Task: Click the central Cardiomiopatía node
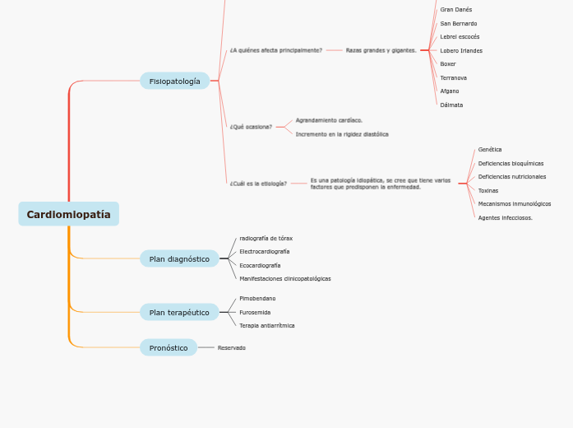coord(68,214)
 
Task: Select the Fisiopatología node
coord(174,81)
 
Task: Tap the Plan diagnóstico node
coord(179,258)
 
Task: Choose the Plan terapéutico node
coord(179,312)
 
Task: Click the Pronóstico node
coord(169,347)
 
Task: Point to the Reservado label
coord(231,348)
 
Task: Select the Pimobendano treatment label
coord(257,299)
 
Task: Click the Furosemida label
coord(255,313)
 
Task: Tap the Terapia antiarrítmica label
coord(266,326)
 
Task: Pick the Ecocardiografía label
coord(260,266)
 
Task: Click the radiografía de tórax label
coord(266,239)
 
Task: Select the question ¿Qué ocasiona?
coord(251,127)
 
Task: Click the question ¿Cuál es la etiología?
coord(258,184)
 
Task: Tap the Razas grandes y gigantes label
coord(381,50)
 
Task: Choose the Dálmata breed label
coord(451,105)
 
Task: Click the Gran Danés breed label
coord(456,10)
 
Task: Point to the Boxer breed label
coord(448,64)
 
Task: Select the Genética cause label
coord(490,150)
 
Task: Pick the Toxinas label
coord(488,190)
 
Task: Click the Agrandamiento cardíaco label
coord(329,120)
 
